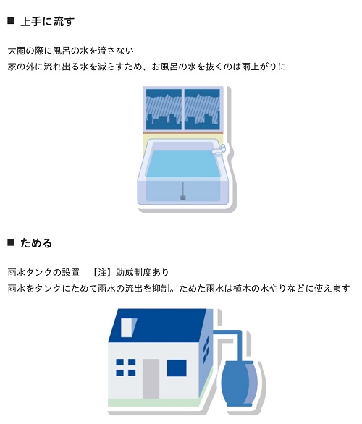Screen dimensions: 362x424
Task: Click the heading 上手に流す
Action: (47, 22)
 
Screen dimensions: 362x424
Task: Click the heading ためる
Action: (36, 243)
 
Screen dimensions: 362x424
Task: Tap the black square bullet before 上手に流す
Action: (11, 20)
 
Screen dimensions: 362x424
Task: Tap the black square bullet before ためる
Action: (11, 242)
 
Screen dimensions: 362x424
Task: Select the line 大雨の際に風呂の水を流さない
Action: (71, 51)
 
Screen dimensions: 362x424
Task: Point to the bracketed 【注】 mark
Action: (102, 272)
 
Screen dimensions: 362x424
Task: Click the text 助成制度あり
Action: (142, 272)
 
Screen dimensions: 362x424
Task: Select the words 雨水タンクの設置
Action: (43, 272)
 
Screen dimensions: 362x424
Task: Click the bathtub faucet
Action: (219, 149)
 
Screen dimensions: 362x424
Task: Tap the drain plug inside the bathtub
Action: (183, 198)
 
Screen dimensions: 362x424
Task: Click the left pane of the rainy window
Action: (164, 109)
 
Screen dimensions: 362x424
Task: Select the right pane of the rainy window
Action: (202, 109)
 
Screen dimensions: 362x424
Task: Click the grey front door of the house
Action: (151, 378)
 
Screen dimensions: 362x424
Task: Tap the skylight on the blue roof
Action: (128, 328)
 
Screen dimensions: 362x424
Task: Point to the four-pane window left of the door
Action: (126, 368)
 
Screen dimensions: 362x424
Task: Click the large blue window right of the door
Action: (177, 368)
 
